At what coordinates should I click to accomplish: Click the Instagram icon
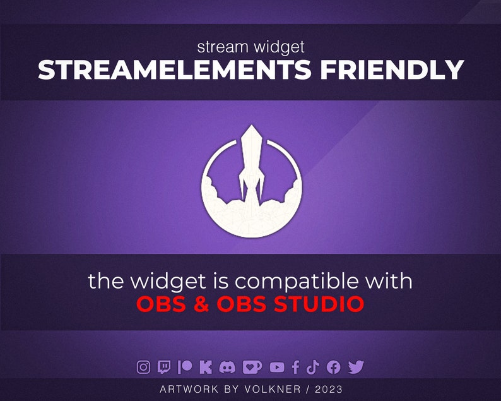point(144,367)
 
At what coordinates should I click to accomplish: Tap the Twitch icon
point(164,367)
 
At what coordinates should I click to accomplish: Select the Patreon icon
point(184,367)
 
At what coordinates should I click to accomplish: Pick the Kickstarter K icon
point(205,367)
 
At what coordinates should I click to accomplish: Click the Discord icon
point(227,367)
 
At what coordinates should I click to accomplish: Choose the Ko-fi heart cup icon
point(252,367)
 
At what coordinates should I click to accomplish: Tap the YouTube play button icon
point(277,367)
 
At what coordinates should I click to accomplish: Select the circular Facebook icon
point(334,367)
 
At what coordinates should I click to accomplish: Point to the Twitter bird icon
point(356,367)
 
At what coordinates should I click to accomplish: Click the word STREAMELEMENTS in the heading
point(175,70)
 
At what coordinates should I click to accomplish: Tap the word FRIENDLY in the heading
point(392,70)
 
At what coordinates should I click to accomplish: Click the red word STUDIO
point(319,304)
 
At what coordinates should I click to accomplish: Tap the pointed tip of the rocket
point(251,126)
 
